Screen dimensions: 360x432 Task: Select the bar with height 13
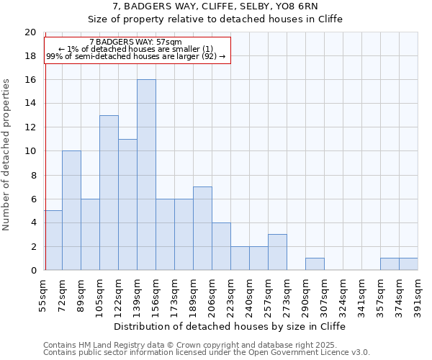109,193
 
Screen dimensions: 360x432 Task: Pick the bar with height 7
202,228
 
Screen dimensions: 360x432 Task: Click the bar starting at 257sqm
277,252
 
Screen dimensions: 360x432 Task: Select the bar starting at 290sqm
315,264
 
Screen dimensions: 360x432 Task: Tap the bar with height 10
71,210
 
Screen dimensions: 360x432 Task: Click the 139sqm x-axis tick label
138,297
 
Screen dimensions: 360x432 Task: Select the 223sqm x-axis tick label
231,297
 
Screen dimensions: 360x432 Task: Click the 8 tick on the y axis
32,175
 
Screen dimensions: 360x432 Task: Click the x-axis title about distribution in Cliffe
230,326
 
